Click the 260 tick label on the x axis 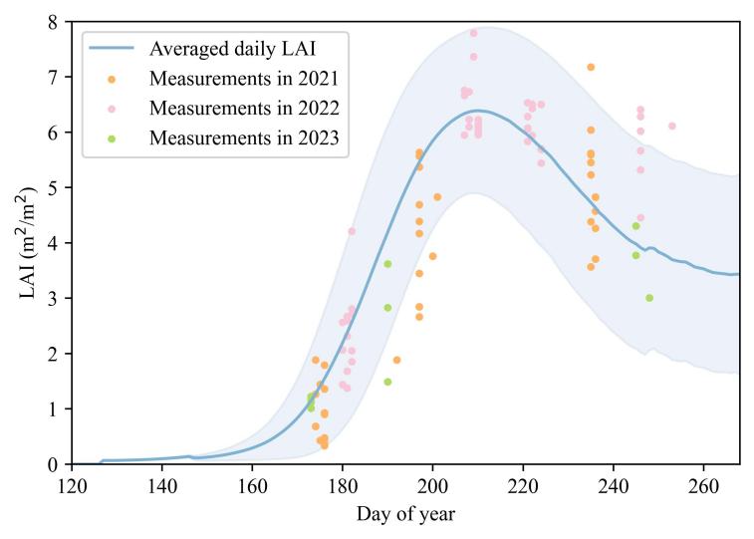click(703, 486)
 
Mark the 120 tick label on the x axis click(72, 486)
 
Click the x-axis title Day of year click(405, 514)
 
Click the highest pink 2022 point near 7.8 click(473, 33)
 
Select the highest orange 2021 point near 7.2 click(591, 67)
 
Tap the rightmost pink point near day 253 click(671, 126)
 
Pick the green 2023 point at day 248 click(649, 298)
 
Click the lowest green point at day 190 click(387, 382)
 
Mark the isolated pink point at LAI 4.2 click(352, 231)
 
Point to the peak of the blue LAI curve click(478, 111)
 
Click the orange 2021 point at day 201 click(437, 197)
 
